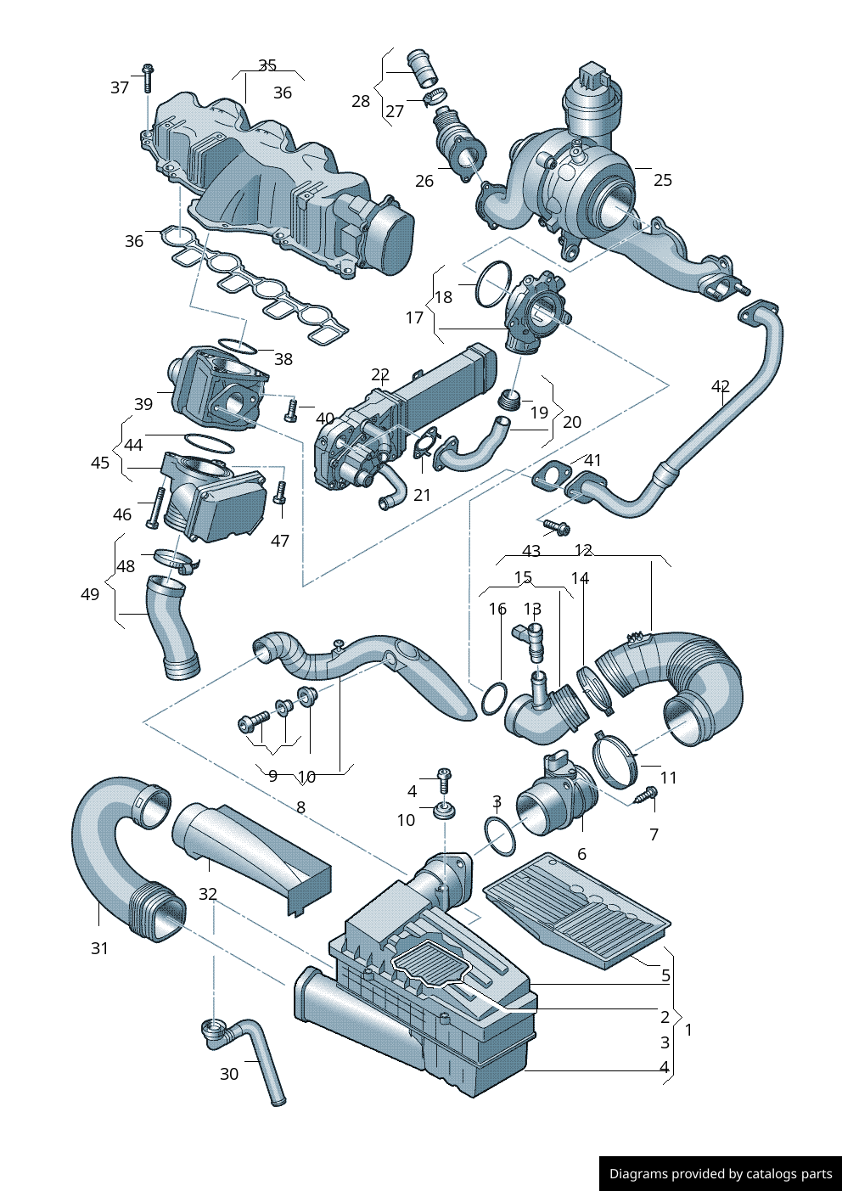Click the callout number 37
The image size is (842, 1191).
click(120, 87)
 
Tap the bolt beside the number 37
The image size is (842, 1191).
click(147, 77)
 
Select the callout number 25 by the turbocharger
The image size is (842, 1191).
click(663, 180)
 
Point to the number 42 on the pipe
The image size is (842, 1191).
click(721, 387)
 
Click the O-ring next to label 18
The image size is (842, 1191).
click(493, 284)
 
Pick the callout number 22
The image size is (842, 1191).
click(380, 374)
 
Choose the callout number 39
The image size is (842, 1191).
click(143, 404)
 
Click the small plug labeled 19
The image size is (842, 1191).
click(509, 400)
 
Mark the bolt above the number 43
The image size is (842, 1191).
click(557, 527)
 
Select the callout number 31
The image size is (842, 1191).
click(100, 948)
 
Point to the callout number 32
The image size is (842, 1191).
click(208, 894)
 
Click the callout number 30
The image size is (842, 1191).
click(229, 1074)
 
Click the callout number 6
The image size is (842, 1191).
click(581, 854)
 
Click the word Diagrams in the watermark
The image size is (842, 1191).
click(638, 1174)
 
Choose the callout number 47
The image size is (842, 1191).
click(280, 541)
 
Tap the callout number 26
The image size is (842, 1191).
click(424, 181)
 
